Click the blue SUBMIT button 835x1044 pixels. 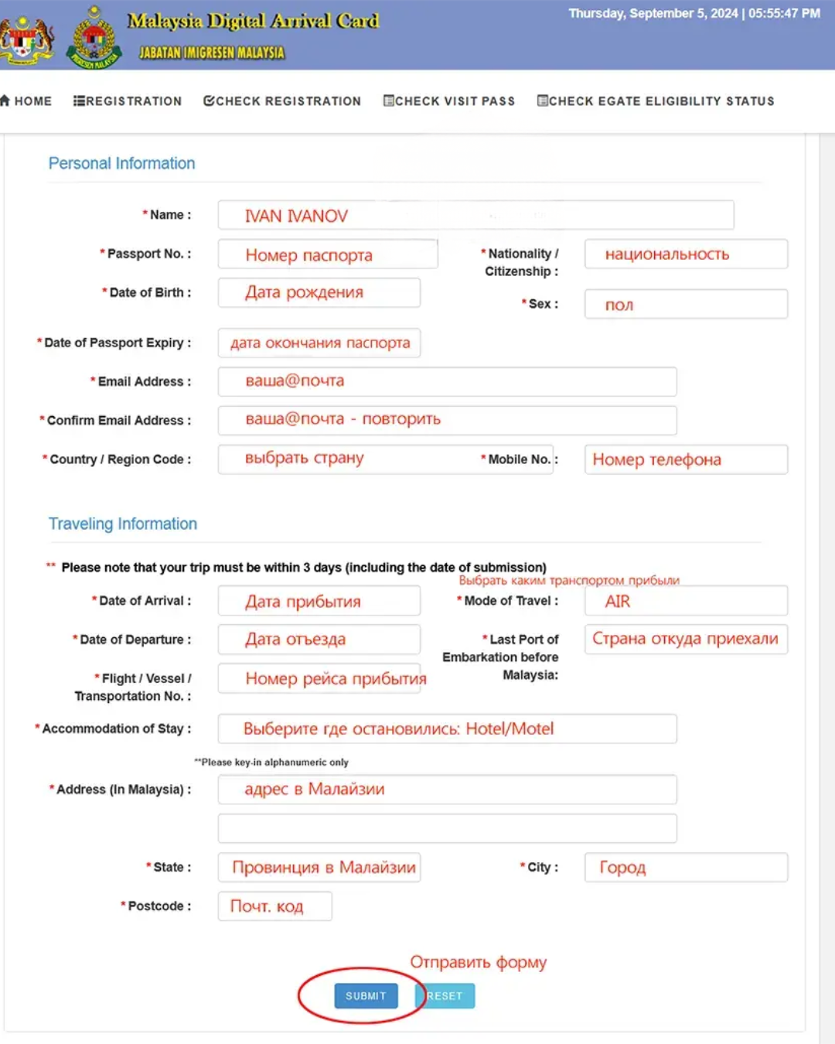coord(366,996)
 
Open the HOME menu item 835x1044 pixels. coord(27,101)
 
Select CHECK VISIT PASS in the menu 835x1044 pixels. coord(449,101)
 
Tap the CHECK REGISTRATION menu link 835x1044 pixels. coord(282,101)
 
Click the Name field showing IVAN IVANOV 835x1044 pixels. coord(475,216)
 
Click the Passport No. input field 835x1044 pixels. coord(328,254)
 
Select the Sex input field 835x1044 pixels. coord(686,305)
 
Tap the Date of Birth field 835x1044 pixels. coord(319,293)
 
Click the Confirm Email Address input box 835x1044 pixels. coord(447,420)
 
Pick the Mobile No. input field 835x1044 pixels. coord(686,459)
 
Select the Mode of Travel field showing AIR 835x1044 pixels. coord(686,601)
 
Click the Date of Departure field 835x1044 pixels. coord(319,640)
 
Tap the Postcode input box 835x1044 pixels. coord(274,906)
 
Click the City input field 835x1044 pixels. coord(686,868)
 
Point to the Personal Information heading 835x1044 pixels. coord(121,163)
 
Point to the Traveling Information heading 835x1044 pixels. coord(123,524)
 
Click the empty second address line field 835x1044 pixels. coord(447,828)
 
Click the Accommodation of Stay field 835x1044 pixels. coord(447,728)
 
